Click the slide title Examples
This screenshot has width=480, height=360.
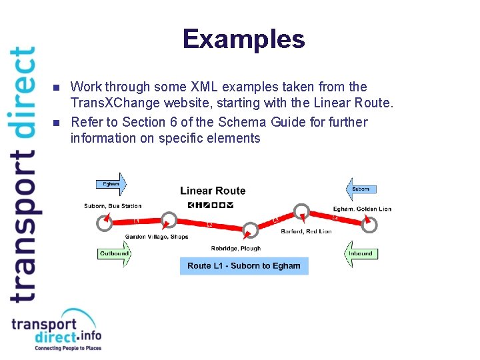[243, 39]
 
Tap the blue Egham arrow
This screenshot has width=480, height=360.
[111, 184]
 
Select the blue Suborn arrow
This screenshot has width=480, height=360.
[361, 189]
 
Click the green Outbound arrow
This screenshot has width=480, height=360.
[114, 254]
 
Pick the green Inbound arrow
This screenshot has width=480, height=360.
[361, 254]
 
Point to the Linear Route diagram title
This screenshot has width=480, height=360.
[213, 191]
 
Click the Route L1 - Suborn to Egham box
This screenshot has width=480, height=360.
[244, 266]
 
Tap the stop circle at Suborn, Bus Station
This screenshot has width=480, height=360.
[104, 223]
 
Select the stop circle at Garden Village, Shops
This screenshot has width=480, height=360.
[169, 219]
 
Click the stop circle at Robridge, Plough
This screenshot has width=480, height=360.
[251, 231]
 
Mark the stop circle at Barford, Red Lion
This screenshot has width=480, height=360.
[303, 213]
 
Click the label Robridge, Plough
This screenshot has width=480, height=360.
[236, 249]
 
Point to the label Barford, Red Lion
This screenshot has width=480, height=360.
[306, 232]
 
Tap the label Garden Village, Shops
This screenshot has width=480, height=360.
[157, 237]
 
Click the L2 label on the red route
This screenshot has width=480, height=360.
[209, 225]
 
